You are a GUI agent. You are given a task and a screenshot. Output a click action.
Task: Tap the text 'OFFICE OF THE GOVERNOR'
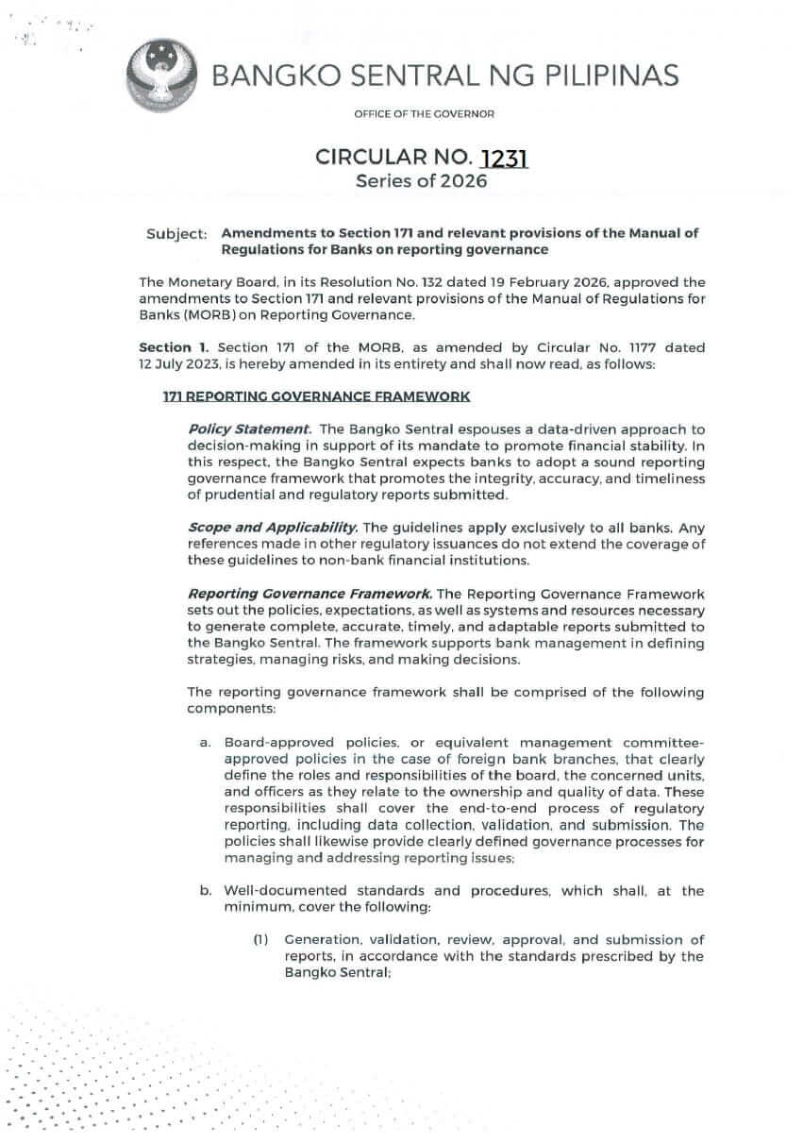pyautogui.click(x=424, y=114)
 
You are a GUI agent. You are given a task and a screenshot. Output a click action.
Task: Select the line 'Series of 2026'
pyautogui.click(x=421, y=181)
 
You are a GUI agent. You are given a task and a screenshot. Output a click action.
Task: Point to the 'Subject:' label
pyautogui.click(x=176, y=234)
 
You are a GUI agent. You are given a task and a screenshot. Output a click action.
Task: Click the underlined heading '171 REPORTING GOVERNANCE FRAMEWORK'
pyautogui.click(x=316, y=398)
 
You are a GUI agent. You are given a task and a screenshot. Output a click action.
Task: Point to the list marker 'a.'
pyautogui.click(x=205, y=744)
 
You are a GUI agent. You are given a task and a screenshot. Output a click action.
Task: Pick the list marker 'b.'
pyautogui.click(x=205, y=890)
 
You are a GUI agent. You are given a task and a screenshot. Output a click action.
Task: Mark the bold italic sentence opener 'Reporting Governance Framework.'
pyautogui.click(x=310, y=594)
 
